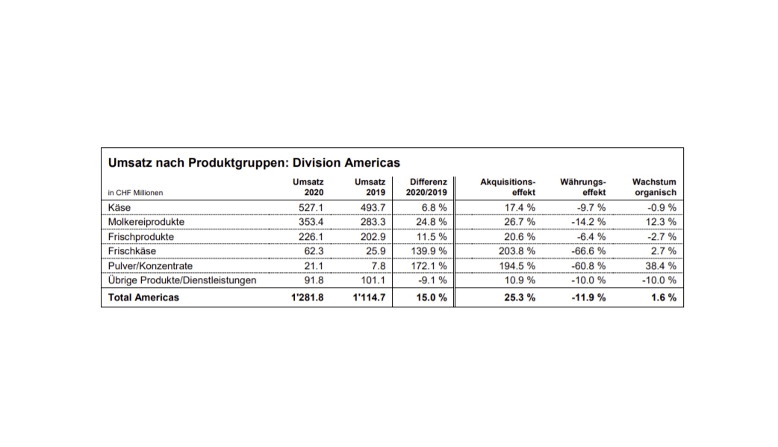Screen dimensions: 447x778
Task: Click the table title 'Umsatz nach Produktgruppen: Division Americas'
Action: pos(254,162)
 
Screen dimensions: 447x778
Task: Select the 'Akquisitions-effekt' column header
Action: pos(508,187)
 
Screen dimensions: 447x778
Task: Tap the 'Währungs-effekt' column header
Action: pos(583,187)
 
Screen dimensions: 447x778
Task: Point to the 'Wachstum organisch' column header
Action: pos(653,187)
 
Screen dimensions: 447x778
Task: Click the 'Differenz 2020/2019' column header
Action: pos(429,187)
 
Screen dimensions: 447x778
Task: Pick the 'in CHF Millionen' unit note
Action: pos(135,193)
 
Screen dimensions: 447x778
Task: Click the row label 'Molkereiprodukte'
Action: pos(146,222)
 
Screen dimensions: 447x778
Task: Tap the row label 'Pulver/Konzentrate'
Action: pos(151,266)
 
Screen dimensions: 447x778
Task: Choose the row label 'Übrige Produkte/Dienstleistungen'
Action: pos(183,280)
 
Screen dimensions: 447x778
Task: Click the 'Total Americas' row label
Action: pos(144,298)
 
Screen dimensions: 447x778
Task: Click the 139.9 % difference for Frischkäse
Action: pos(429,251)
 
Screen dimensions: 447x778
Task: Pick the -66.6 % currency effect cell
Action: pos(588,251)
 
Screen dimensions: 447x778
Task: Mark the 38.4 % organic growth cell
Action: pos(661,266)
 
